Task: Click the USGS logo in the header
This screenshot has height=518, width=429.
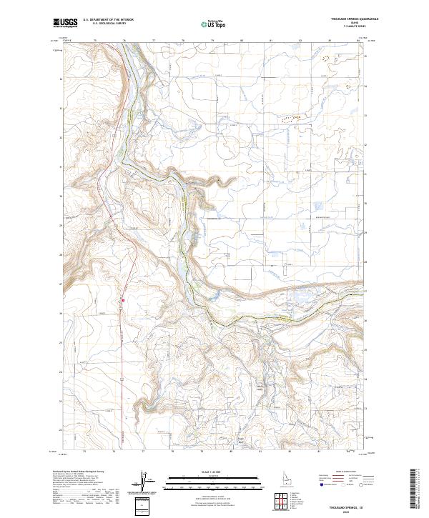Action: tap(66, 23)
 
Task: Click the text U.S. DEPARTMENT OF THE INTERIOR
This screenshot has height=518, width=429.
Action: tap(108, 20)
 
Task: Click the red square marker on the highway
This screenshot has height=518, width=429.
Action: tap(123, 300)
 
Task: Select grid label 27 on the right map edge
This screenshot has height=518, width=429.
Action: tap(365, 292)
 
